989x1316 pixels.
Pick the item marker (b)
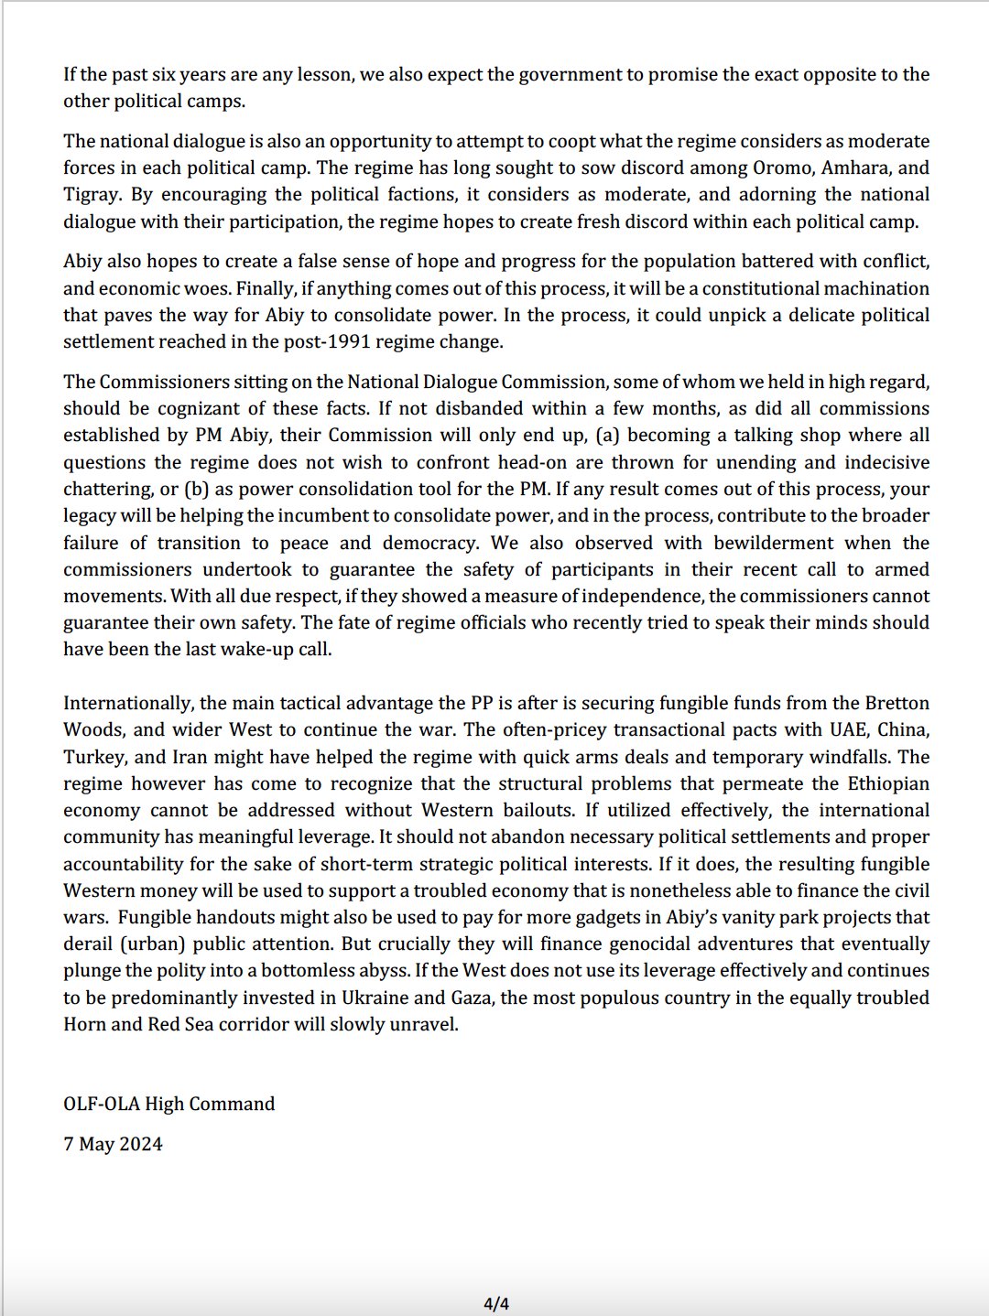pos(196,489)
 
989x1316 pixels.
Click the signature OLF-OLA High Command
pos(168,1104)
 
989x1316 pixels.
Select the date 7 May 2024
pos(113,1144)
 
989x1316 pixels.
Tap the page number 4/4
pos(495,1304)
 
